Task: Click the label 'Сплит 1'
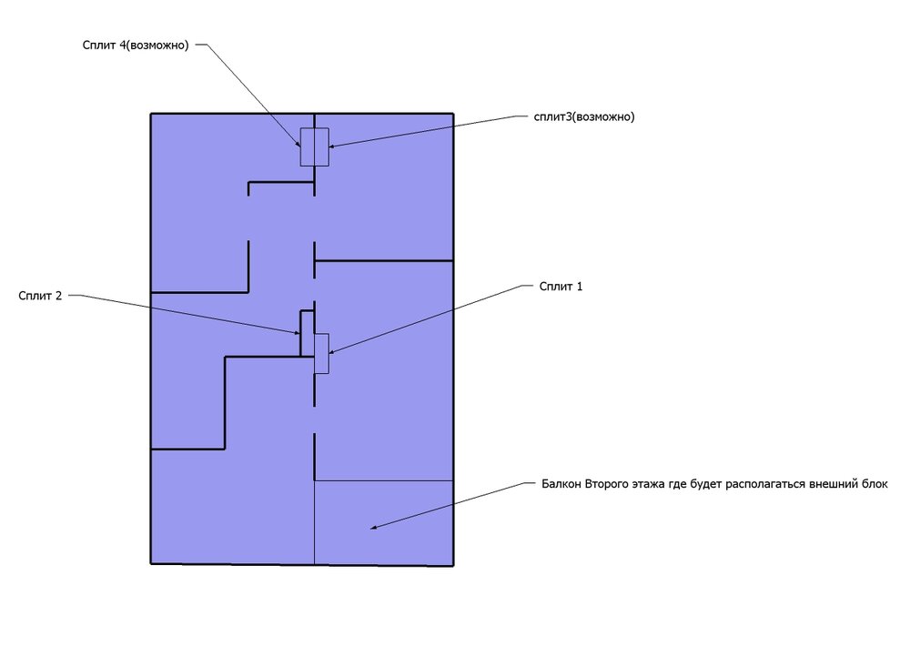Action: (x=560, y=286)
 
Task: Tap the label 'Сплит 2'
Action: (x=39, y=295)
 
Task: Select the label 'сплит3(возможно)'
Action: (x=584, y=116)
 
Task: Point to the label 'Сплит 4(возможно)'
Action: (x=134, y=45)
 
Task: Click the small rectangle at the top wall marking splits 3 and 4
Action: (x=315, y=146)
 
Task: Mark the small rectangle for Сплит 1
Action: (x=321, y=353)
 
